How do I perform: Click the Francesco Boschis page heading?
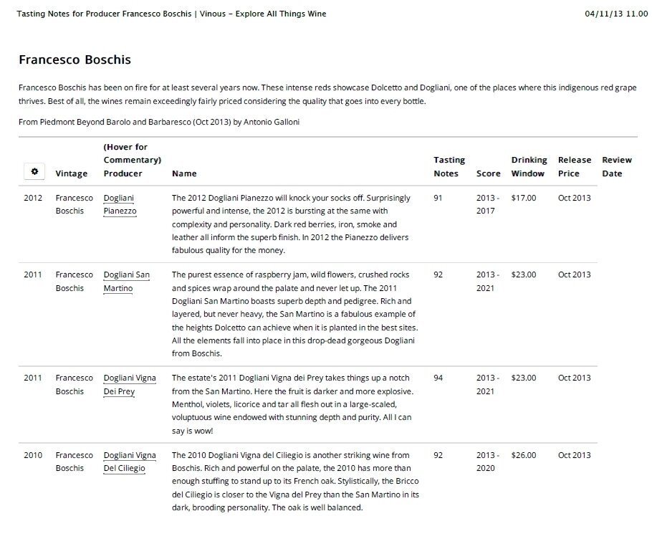point(75,59)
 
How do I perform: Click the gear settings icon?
point(34,172)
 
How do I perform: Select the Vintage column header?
point(72,173)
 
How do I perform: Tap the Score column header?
point(488,173)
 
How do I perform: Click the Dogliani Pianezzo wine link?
point(120,204)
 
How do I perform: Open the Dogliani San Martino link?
point(126,281)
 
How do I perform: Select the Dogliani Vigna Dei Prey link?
point(129,385)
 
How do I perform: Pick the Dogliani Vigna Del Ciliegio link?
point(129,462)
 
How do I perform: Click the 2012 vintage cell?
point(33,198)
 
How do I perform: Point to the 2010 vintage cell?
point(33,455)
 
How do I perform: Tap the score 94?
point(439,378)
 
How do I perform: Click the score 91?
point(439,198)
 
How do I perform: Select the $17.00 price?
point(523,198)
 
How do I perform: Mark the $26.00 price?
point(523,455)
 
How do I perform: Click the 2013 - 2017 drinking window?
point(487,204)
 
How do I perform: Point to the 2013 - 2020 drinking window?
point(487,462)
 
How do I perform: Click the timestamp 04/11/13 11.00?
point(615,14)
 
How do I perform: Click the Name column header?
point(184,173)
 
